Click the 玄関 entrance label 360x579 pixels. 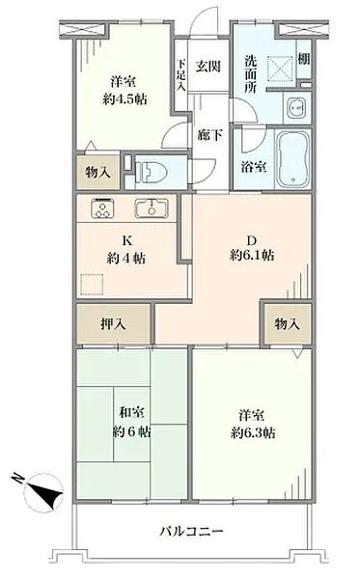[x=208, y=67]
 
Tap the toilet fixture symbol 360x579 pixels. [x=151, y=172]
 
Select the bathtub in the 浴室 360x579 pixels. [x=293, y=159]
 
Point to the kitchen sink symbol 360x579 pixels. [x=152, y=208]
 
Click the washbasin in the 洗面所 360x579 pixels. [x=296, y=107]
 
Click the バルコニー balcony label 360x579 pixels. [x=191, y=532]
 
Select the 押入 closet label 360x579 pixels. [x=113, y=324]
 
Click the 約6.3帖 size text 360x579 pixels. [x=253, y=432]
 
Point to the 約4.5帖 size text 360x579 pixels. [x=125, y=99]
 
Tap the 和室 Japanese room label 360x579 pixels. [x=132, y=413]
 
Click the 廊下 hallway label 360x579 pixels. [x=209, y=135]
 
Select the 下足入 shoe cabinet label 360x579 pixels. [x=181, y=75]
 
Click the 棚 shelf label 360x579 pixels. [x=304, y=59]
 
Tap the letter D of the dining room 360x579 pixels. [x=252, y=240]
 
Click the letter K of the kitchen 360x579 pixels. [x=126, y=240]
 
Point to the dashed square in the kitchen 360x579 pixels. [x=92, y=285]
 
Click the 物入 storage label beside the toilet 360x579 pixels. [x=97, y=172]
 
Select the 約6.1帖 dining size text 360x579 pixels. [x=252, y=256]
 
